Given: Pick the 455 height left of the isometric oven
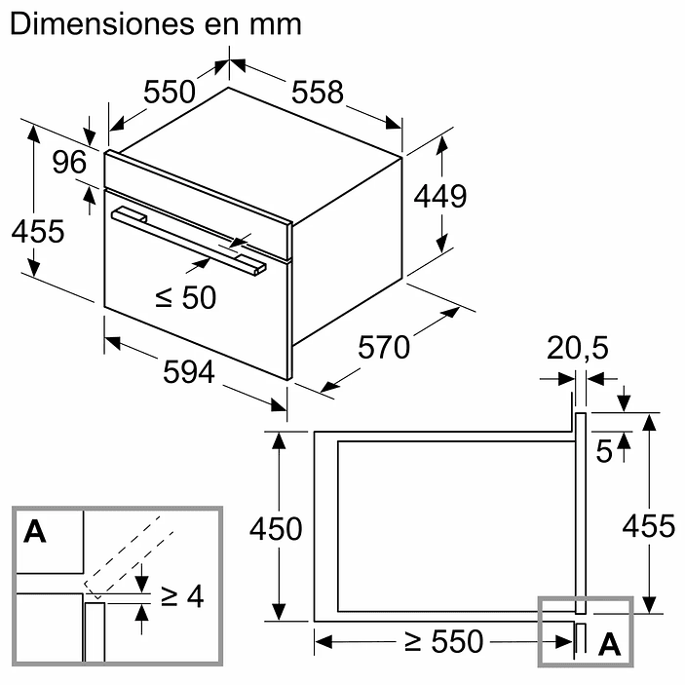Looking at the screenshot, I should pyautogui.click(x=37, y=232).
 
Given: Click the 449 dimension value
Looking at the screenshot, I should pyautogui.click(x=440, y=196).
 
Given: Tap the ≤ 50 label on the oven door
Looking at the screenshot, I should pyautogui.click(x=185, y=297).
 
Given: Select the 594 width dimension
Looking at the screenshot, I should pyautogui.click(x=186, y=372).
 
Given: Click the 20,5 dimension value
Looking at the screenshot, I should pyautogui.click(x=575, y=349).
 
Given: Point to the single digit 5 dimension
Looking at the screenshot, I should pyautogui.click(x=604, y=452).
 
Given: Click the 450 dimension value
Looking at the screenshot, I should pyautogui.click(x=276, y=529).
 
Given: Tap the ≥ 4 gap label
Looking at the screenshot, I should pyautogui.click(x=182, y=595).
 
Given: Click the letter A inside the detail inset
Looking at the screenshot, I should pyautogui.click(x=35, y=532).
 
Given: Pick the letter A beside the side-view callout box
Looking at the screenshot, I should pyautogui.click(x=608, y=643).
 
